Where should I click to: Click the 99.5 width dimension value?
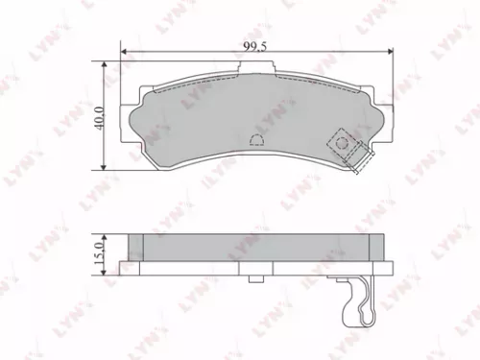click(x=253, y=43)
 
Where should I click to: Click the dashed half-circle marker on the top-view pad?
click(x=256, y=138)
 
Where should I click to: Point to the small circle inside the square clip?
click(x=342, y=143)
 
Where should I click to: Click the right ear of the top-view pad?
click(x=382, y=117)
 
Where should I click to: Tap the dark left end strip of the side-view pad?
click(x=135, y=247)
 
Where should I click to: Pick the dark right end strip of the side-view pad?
click(x=375, y=247)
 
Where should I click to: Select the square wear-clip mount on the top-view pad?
click(x=343, y=144)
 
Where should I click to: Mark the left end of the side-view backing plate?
click(x=123, y=268)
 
